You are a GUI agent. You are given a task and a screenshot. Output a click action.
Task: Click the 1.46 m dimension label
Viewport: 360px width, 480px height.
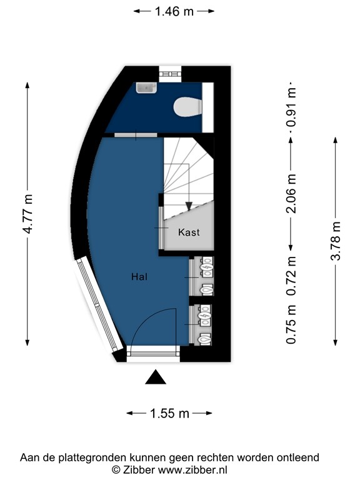click(174, 11)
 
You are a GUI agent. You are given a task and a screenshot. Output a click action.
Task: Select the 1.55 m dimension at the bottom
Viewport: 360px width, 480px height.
click(169, 413)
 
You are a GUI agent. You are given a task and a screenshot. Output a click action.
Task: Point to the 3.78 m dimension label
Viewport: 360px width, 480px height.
click(336, 241)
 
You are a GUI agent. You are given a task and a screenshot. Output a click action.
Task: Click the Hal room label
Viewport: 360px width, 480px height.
click(139, 276)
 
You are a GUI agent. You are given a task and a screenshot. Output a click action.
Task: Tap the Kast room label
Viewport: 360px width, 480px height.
click(189, 232)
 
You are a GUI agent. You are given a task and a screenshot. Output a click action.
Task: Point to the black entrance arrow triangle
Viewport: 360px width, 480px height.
click(156, 378)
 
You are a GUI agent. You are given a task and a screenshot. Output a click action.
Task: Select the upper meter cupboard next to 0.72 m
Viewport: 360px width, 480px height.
click(204, 276)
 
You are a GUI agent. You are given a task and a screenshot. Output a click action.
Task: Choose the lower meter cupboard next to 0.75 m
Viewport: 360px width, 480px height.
click(204, 325)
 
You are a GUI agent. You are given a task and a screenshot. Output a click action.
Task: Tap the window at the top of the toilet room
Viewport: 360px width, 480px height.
click(170, 74)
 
